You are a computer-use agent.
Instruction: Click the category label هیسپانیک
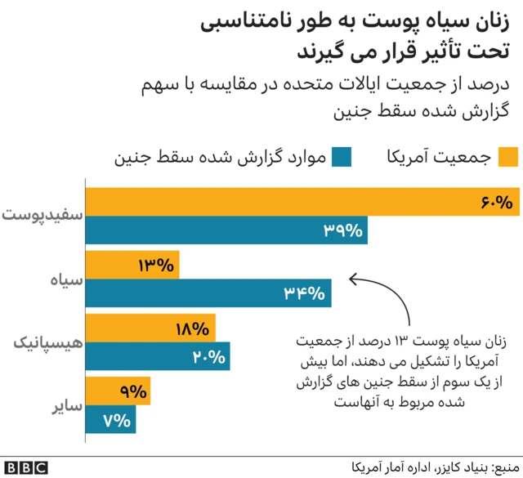pyautogui.click(x=43, y=343)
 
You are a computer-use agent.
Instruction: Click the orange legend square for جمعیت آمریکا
pyautogui.click(x=508, y=157)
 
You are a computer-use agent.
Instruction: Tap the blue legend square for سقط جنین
pyautogui.click(x=343, y=157)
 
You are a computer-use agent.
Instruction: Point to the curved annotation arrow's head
pyautogui.click(x=351, y=279)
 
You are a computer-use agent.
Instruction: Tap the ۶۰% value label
pyautogui.click(x=496, y=202)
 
